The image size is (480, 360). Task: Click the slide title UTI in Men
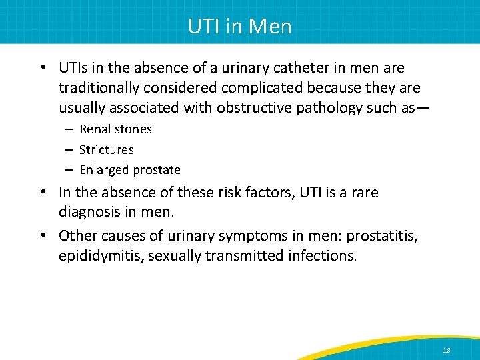240,26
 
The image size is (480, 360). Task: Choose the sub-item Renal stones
115,129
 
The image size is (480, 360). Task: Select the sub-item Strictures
106,150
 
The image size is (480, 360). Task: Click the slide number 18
446,349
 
